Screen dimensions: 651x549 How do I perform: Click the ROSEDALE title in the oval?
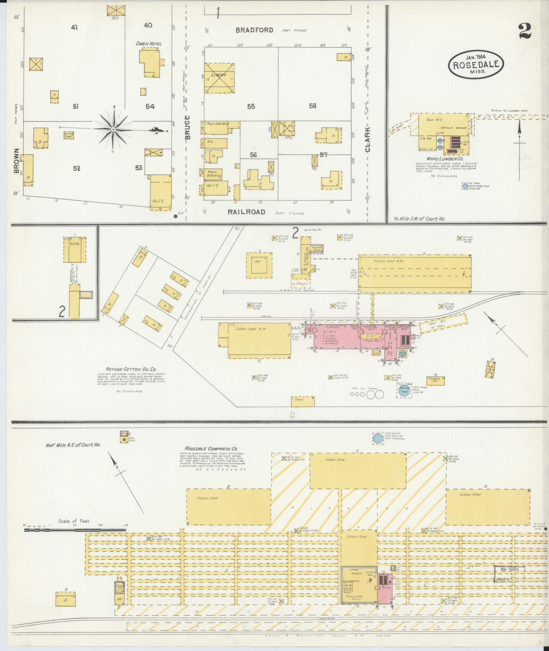tap(475, 64)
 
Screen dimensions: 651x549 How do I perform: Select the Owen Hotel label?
tap(148, 44)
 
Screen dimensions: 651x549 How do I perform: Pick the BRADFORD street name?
tap(255, 30)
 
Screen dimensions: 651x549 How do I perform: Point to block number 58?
tap(312, 106)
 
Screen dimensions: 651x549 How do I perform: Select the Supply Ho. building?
tap(435, 380)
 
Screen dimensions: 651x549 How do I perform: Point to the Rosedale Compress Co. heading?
tap(211, 449)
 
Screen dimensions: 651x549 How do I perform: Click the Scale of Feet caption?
tap(74, 531)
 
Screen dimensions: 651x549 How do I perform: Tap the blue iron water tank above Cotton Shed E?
tap(377, 438)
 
